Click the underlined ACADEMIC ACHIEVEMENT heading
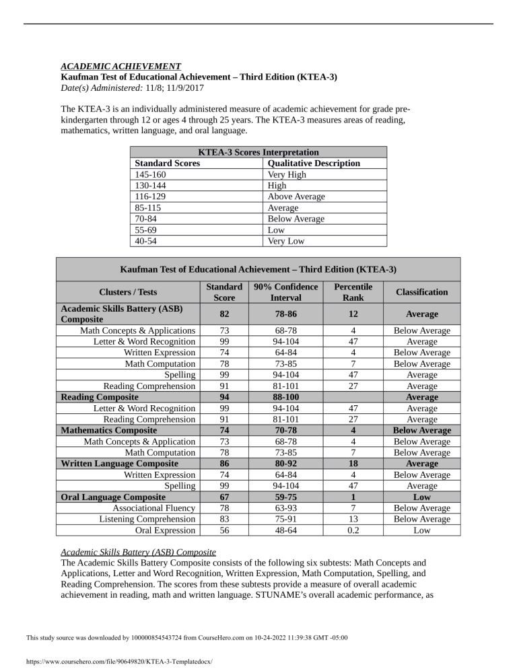(x=120, y=67)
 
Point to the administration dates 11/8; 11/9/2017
(x=174, y=88)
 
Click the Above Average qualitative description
(x=296, y=197)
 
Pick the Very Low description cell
(x=287, y=241)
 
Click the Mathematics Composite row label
(x=109, y=430)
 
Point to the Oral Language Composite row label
(x=113, y=497)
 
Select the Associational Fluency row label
(x=154, y=508)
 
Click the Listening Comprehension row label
(x=147, y=519)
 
